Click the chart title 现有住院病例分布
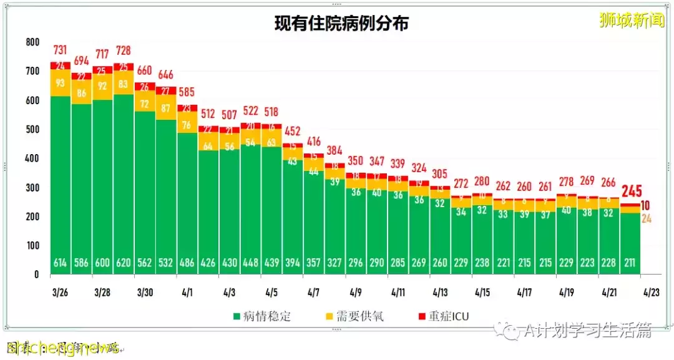point(341,24)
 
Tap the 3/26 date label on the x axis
point(61,292)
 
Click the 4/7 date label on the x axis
point(314,292)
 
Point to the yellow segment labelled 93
point(61,83)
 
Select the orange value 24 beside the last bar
point(647,218)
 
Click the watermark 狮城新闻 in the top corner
point(632,20)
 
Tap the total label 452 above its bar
point(292,132)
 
